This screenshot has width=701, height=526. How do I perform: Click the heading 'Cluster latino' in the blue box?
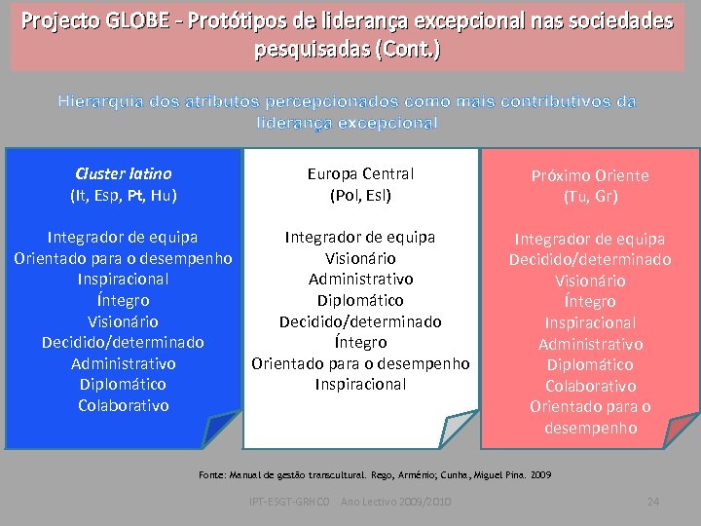pyautogui.click(x=124, y=173)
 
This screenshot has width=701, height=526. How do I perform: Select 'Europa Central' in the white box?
pyautogui.click(x=360, y=173)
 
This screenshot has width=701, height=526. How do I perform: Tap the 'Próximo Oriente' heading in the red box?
pyautogui.click(x=590, y=175)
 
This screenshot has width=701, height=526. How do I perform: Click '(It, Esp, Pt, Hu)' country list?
pyautogui.click(x=124, y=195)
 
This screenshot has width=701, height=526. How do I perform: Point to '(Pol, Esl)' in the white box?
pyautogui.click(x=360, y=195)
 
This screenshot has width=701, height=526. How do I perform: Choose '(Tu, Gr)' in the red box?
pyautogui.click(x=590, y=196)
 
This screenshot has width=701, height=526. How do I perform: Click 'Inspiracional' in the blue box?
pyautogui.click(x=124, y=279)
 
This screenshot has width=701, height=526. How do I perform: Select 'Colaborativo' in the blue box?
pyautogui.click(x=124, y=405)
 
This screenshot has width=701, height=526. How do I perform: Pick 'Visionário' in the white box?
pyautogui.click(x=360, y=258)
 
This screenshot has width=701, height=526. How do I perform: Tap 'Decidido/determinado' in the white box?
pyautogui.click(x=360, y=321)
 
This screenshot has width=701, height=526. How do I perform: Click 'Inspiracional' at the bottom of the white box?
pyautogui.click(x=360, y=384)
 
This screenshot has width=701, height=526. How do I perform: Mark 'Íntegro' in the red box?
pyautogui.click(x=590, y=301)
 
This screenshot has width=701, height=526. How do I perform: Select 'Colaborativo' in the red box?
pyautogui.click(x=590, y=386)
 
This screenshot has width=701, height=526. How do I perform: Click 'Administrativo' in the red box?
pyautogui.click(x=590, y=344)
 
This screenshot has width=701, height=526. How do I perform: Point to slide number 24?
pyautogui.click(x=653, y=502)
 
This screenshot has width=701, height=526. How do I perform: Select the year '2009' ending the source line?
pyautogui.click(x=540, y=474)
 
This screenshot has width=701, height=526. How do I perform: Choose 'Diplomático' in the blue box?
pyautogui.click(x=124, y=384)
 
